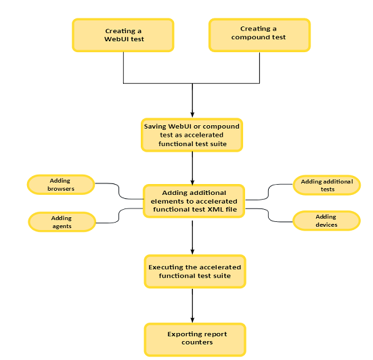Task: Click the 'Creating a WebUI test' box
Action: pyautogui.click(x=123, y=35)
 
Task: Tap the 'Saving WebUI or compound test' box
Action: pyautogui.click(x=192, y=135)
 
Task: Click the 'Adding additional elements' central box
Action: pyautogui.click(x=194, y=201)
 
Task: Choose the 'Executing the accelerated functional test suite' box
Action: pyautogui.click(x=194, y=271)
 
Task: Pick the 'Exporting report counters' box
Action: pyautogui.click(x=194, y=338)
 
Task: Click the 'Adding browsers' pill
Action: pyautogui.click(x=60, y=185)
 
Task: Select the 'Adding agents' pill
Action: pyautogui.click(x=61, y=221)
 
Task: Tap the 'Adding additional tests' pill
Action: pyautogui.click(x=326, y=185)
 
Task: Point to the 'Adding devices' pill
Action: pyautogui.click(x=326, y=220)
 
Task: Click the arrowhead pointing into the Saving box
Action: pyautogui.click(x=193, y=114)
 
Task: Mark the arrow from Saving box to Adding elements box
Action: pyautogui.click(x=193, y=167)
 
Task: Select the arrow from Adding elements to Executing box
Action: pyautogui.click(x=193, y=236)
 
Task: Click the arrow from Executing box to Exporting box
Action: pyautogui.click(x=193, y=305)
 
